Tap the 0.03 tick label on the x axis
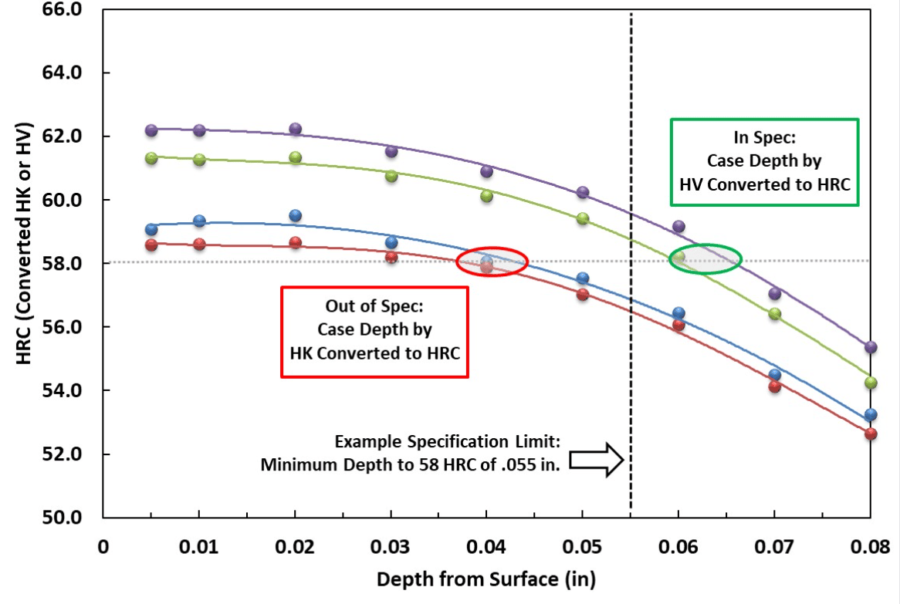tap(391, 547)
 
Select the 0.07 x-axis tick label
tap(774, 547)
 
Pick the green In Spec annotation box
tap(764, 161)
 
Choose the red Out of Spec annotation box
tap(374, 332)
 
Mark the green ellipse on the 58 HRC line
tap(705, 259)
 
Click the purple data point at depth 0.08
tap(871, 347)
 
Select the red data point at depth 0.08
tap(871, 434)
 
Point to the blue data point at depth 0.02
tap(295, 215)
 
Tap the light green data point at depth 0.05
tap(583, 218)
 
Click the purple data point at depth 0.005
tap(151, 130)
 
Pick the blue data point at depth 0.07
tap(775, 375)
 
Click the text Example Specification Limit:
tap(451, 442)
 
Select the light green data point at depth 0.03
tap(391, 176)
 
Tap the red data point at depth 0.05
tap(583, 294)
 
